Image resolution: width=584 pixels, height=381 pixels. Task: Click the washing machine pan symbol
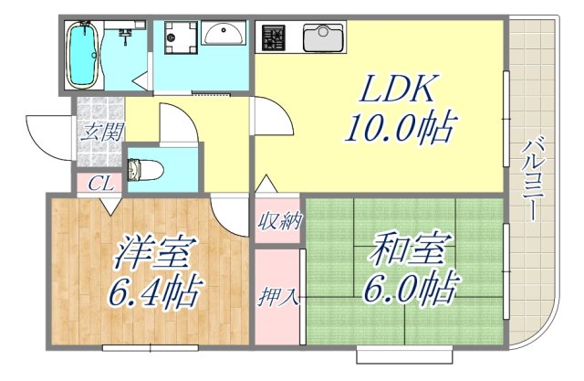[176, 38]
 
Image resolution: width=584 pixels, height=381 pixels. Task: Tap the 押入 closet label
[276, 297]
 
